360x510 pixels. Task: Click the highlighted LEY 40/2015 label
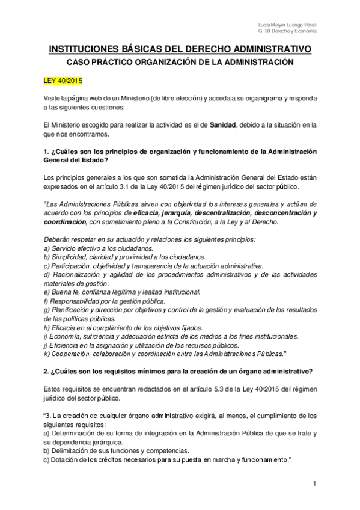[63, 80]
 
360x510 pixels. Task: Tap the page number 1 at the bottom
[314, 484]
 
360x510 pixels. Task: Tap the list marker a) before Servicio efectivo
[47, 248]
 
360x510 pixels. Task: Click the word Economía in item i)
[67, 335]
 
